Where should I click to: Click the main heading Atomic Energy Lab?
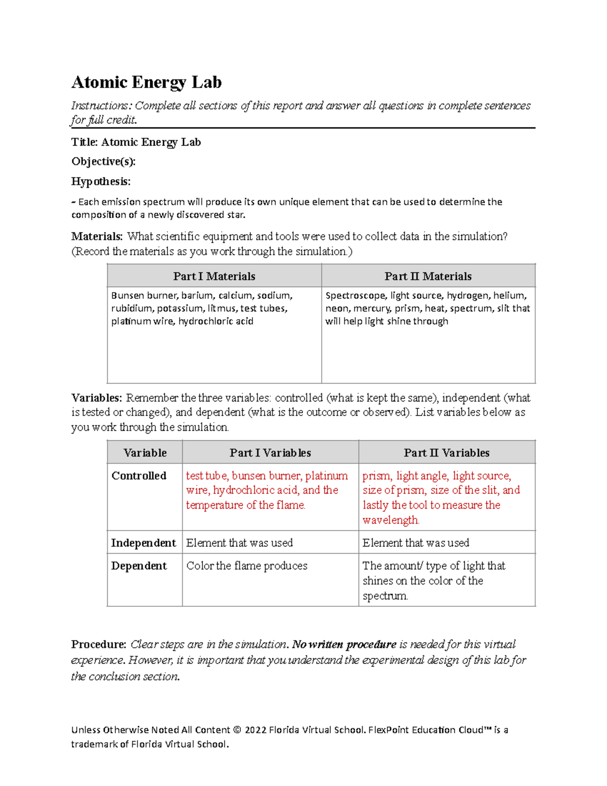pyautogui.click(x=146, y=82)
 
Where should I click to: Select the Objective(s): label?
pyautogui.click(x=103, y=161)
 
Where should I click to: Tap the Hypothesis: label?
pyautogui.click(x=101, y=181)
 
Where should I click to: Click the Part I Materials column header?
pyautogui.click(x=214, y=276)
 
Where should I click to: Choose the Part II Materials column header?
pyautogui.click(x=428, y=276)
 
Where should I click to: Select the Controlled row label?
pyautogui.click(x=139, y=476)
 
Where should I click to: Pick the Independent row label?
pyautogui.click(x=143, y=543)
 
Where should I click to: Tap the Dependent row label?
pyautogui.click(x=139, y=566)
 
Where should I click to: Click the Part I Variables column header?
pyautogui.click(x=270, y=452)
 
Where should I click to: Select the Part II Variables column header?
pyautogui.click(x=446, y=452)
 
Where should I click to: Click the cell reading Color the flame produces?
pyautogui.click(x=247, y=566)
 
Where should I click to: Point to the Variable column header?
pyautogui.click(x=145, y=452)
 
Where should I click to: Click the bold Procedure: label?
pyautogui.click(x=99, y=644)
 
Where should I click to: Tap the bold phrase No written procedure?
pyautogui.click(x=344, y=644)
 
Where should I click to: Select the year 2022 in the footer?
pyautogui.click(x=255, y=730)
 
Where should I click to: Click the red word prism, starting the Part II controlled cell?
pyautogui.click(x=376, y=476)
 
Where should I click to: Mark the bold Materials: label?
pyautogui.click(x=97, y=236)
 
